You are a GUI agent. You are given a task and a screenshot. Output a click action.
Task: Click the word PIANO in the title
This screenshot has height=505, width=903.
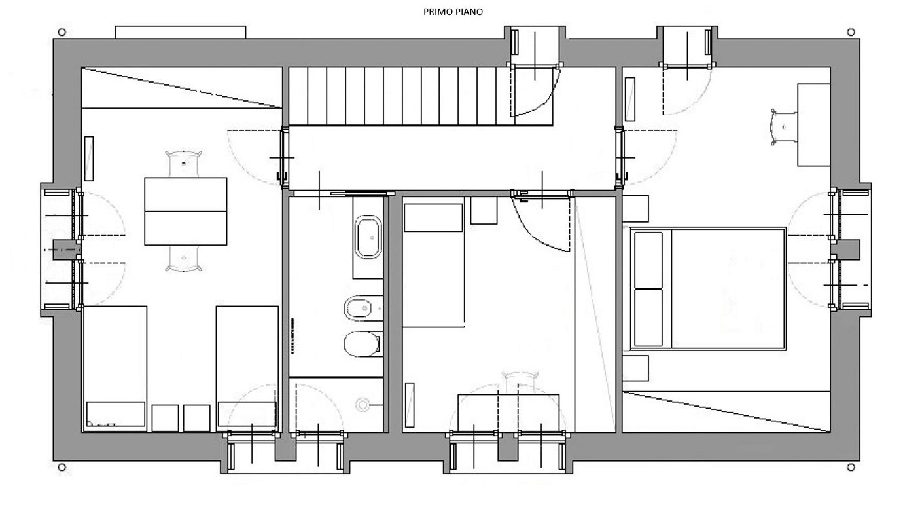point(468,12)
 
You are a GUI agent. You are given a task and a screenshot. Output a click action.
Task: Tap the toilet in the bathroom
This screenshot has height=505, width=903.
point(363,345)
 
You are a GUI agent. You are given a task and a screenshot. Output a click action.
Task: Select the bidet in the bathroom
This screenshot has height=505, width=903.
point(363,309)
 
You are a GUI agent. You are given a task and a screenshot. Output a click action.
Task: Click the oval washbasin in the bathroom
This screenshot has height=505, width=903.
point(368,238)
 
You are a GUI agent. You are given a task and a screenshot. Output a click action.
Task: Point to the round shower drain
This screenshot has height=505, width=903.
point(363,405)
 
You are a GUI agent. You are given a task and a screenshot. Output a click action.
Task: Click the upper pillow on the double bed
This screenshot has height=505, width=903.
point(648,260)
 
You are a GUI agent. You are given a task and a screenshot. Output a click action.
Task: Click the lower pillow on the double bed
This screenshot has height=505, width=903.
point(648,317)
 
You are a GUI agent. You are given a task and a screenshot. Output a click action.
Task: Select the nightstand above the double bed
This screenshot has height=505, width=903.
point(635,209)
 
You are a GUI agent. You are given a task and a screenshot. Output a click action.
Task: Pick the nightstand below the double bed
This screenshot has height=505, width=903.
point(635,368)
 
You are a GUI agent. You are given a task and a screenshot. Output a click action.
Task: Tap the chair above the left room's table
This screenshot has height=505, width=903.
point(184,163)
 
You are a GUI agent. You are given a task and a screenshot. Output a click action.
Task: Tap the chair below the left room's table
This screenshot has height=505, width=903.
point(184,258)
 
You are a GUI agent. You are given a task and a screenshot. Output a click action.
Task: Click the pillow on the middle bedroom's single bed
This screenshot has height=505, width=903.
point(433,217)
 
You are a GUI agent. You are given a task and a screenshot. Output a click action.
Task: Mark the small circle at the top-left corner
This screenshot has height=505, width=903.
point(62,32)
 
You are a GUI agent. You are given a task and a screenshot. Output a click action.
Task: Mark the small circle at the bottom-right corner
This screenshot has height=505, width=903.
point(851,467)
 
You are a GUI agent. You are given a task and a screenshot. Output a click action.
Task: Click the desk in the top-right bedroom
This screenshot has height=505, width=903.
point(813,124)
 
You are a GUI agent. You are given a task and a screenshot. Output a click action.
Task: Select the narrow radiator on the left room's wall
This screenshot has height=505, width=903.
point(89,159)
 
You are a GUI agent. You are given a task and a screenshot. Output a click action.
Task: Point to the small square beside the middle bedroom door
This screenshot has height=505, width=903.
point(484,210)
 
